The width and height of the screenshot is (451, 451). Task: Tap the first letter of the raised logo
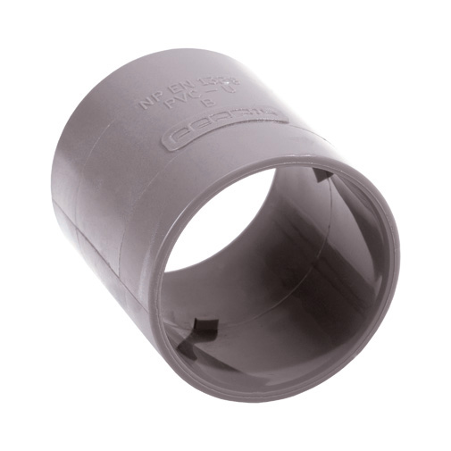178,138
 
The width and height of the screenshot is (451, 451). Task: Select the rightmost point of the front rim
398,259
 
